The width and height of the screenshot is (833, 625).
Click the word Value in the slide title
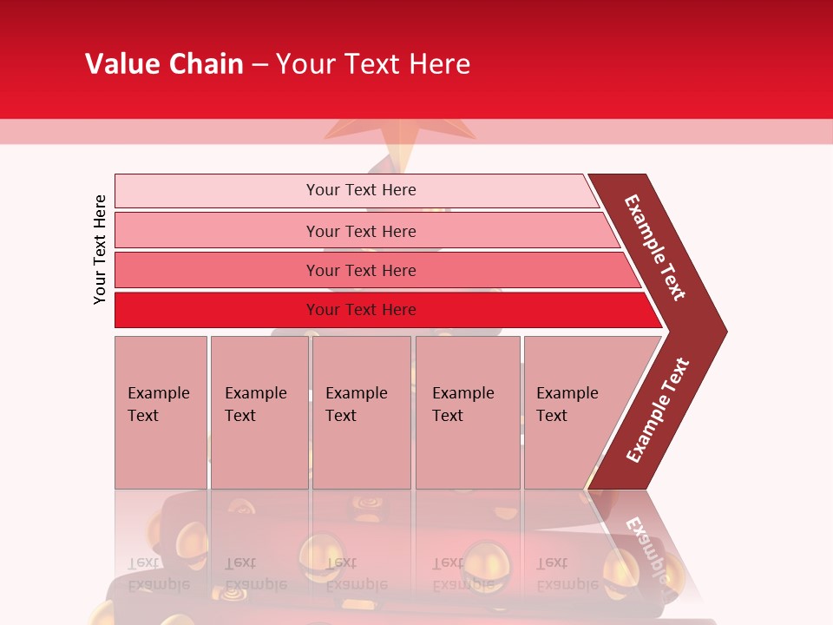pyautogui.click(x=120, y=64)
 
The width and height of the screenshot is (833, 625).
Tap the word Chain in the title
pyautogui.click(x=202, y=64)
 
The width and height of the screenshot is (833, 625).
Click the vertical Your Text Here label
pyautogui.click(x=100, y=249)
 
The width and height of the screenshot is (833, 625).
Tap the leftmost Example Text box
pyautogui.click(x=161, y=412)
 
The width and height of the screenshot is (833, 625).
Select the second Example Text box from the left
pyautogui.click(x=259, y=412)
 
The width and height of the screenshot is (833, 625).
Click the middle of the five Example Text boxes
pyautogui.click(x=361, y=412)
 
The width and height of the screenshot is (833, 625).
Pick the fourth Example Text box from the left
pyautogui.click(x=468, y=412)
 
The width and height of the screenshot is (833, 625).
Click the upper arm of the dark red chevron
pyautogui.click(x=656, y=248)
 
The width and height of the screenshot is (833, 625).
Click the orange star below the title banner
pyautogui.click(x=400, y=131)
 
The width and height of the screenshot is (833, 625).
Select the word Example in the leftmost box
pyautogui.click(x=158, y=393)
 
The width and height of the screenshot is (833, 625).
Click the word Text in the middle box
pyautogui.click(x=341, y=416)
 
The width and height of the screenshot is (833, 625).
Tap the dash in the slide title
pyautogui.click(x=259, y=65)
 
